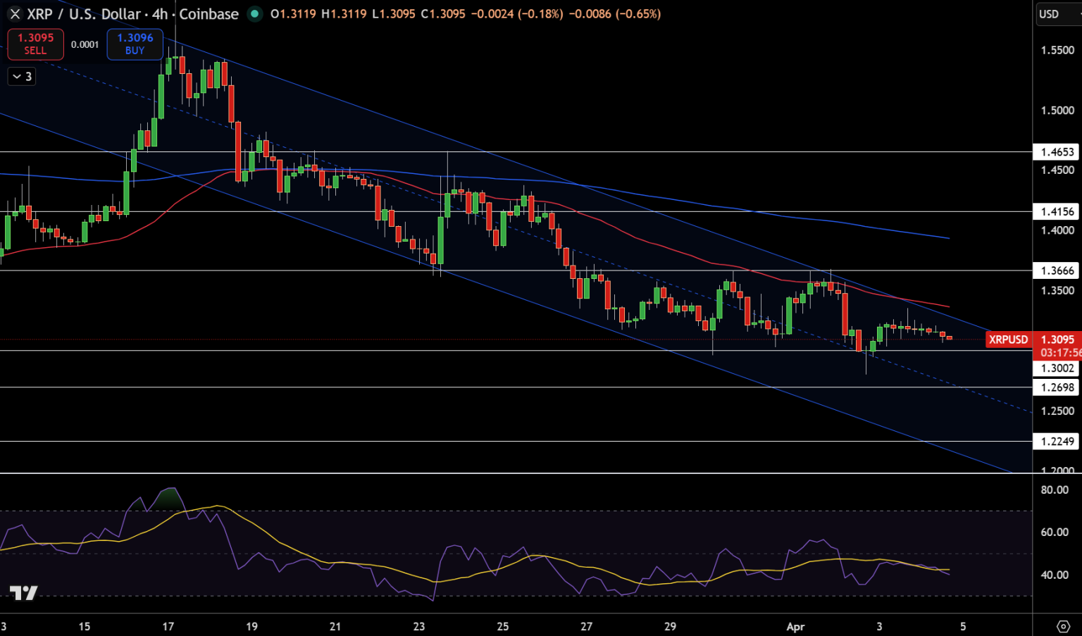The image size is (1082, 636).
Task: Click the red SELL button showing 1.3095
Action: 35,44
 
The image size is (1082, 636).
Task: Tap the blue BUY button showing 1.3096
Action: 135,44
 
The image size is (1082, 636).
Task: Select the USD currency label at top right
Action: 1049,14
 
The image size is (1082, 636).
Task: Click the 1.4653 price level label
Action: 1057,152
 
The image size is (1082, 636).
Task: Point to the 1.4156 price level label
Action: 1057,212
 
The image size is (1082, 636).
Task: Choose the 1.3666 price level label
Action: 1057,271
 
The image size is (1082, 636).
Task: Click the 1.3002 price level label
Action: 1057,368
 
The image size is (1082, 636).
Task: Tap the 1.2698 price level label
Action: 1057,387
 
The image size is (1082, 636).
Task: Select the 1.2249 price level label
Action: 1057,442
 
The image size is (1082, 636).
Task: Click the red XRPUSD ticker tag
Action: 1008,339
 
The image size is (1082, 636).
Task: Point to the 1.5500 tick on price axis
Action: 1057,51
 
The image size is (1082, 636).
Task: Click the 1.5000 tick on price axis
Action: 1057,111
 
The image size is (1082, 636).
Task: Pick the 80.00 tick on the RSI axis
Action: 1055,490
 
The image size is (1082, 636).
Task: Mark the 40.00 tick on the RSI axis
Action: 1055,575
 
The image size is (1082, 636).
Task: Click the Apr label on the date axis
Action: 795,627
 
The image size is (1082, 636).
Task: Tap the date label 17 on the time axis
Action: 168,627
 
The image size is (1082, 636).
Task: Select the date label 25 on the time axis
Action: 502,627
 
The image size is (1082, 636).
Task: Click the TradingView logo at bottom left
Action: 23,593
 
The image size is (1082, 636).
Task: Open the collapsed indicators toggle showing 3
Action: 22,77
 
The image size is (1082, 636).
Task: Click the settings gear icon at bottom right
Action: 1064,626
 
